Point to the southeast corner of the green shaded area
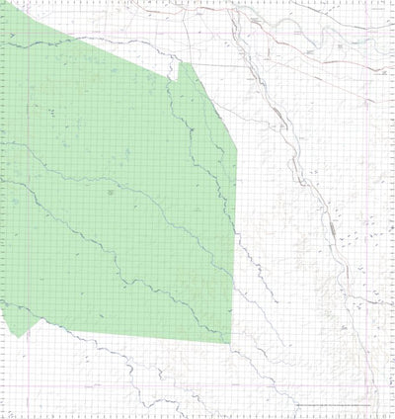(230, 344)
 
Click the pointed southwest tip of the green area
(18, 337)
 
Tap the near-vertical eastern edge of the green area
(235, 247)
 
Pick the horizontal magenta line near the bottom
(197, 384)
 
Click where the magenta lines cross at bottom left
(29, 384)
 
